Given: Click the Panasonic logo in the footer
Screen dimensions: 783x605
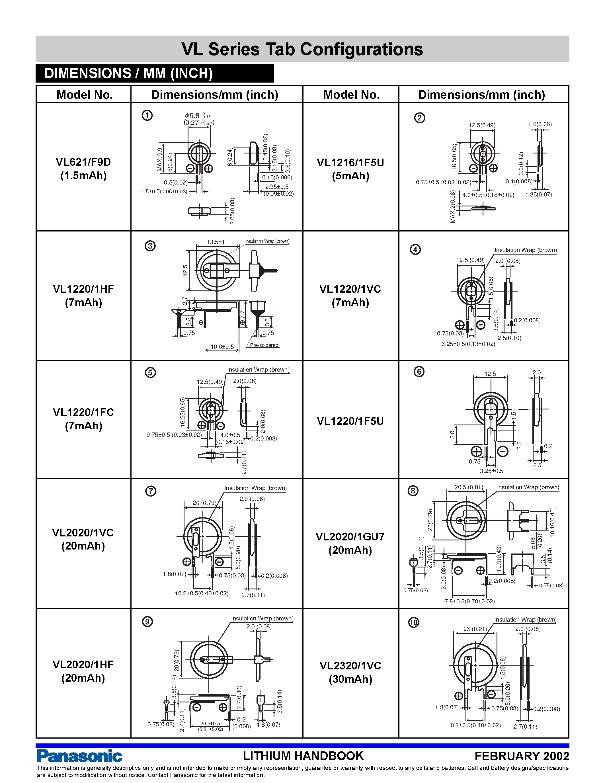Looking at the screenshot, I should [79, 756].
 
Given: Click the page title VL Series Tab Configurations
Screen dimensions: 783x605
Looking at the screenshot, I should [302, 49].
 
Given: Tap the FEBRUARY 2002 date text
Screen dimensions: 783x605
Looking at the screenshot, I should [522, 756].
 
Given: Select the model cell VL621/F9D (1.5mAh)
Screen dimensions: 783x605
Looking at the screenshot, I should [83, 169].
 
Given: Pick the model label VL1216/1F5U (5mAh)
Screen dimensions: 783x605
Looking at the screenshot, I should [350, 169].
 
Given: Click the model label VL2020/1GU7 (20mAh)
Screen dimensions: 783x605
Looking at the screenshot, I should [350, 543].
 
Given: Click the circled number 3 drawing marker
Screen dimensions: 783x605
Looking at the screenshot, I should [150, 246].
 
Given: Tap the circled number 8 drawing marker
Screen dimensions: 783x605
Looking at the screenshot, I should [413, 491].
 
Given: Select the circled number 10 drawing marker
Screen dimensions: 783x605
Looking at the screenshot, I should [414, 622].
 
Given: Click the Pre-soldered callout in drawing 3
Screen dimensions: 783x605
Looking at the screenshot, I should [264, 345].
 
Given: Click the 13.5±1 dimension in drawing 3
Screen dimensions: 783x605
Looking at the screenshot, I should [216, 242].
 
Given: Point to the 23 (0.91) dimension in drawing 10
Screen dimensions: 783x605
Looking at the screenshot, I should [475, 629].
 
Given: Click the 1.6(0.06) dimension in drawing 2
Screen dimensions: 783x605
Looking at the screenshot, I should [540, 124].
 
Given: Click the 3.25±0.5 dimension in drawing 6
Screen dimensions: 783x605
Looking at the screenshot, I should [491, 471].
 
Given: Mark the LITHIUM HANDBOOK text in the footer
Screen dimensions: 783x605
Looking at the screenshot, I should [303, 756].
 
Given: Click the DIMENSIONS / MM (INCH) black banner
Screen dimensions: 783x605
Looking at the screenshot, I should [155, 73].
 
